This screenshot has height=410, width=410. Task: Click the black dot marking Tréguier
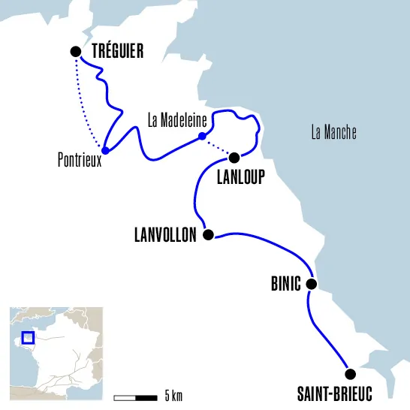(x=75, y=51)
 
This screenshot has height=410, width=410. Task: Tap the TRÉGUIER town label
(x=117, y=51)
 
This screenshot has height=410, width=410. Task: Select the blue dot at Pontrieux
(x=105, y=150)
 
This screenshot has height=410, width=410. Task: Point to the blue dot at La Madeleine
(x=201, y=136)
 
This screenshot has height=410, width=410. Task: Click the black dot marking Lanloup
(x=234, y=158)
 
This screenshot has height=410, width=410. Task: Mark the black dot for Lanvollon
(x=209, y=234)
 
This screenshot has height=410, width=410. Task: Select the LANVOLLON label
(x=165, y=235)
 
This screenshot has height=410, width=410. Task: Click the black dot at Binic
(x=311, y=284)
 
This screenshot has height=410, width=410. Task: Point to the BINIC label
(x=285, y=285)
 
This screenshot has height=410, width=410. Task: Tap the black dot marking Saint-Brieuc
(x=348, y=374)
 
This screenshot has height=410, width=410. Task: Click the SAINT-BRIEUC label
(x=334, y=393)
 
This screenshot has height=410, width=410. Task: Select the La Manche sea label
(x=333, y=134)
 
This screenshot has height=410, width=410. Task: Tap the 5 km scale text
(x=173, y=396)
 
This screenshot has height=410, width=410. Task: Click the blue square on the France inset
(x=28, y=339)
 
